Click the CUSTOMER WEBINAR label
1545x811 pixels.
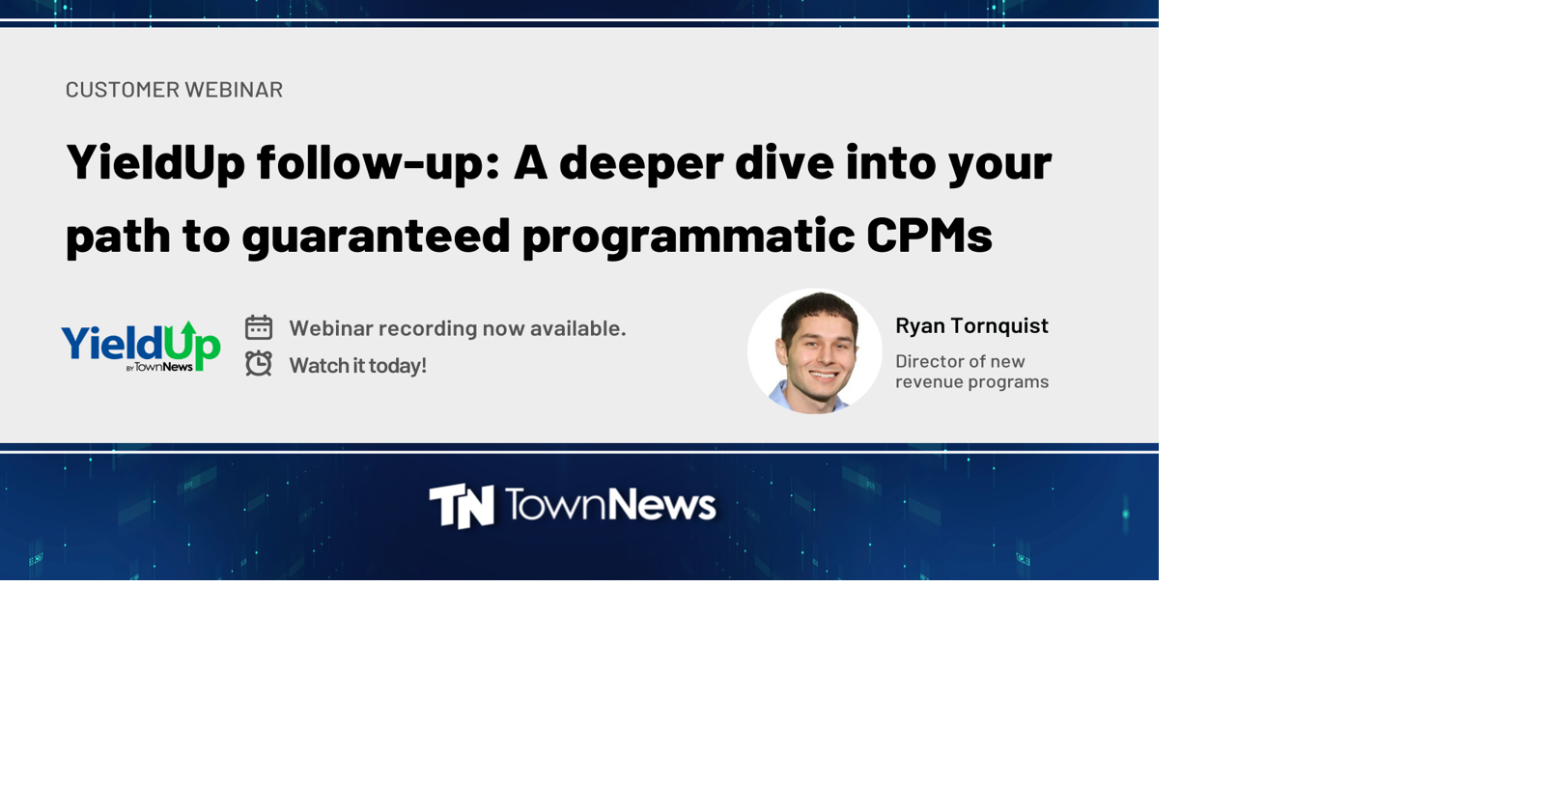[174, 90]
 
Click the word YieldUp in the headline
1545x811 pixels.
[155, 161]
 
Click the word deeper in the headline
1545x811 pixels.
[640, 161]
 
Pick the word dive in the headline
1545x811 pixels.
[784, 161]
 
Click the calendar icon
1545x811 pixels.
[259, 327]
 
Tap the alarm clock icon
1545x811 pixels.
[259, 364]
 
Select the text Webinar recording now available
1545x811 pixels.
[457, 328]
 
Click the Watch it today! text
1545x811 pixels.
[357, 366]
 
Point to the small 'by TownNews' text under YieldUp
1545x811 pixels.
[159, 367]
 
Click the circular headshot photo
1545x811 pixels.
[815, 351]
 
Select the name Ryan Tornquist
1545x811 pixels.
[971, 325]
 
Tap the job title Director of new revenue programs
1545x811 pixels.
[971, 372]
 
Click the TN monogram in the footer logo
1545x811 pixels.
[462, 506]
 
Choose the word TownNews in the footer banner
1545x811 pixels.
[609, 505]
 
